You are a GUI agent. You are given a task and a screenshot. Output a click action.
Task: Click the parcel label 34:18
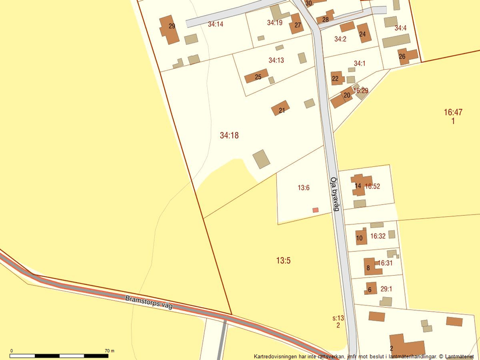point(229,136)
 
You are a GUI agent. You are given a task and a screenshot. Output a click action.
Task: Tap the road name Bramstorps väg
point(149,302)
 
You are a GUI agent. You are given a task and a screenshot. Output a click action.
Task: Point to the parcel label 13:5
point(283,261)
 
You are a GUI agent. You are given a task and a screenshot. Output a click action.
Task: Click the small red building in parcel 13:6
point(316,210)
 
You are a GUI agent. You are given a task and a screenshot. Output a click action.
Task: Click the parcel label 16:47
point(453,112)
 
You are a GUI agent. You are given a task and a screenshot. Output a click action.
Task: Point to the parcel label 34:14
point(215,24)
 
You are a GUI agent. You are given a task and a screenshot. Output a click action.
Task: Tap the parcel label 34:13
point(276,60)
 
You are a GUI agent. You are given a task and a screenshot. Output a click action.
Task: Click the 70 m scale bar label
point(109,351)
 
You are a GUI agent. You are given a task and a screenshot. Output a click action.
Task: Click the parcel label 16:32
point(378,236)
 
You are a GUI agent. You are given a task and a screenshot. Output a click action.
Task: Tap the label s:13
point(338,318)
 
